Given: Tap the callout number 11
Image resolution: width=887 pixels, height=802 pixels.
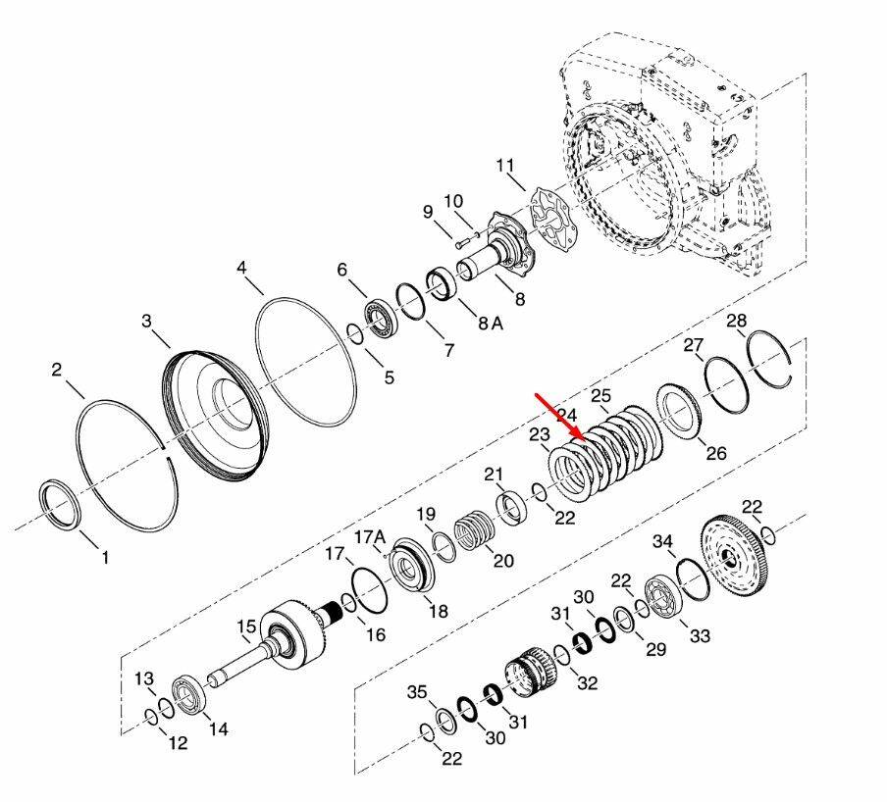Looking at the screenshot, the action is [505, 166].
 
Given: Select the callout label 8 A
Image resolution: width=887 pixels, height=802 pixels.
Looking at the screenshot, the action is [490, 324].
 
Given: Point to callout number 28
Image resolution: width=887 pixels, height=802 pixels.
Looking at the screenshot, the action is [737, 321].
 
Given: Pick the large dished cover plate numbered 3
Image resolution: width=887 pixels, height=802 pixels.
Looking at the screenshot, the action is [214, 416].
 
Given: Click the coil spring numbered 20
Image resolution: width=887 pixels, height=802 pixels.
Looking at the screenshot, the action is [475, 530].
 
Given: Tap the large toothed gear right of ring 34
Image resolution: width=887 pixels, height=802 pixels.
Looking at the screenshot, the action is [733, 555].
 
